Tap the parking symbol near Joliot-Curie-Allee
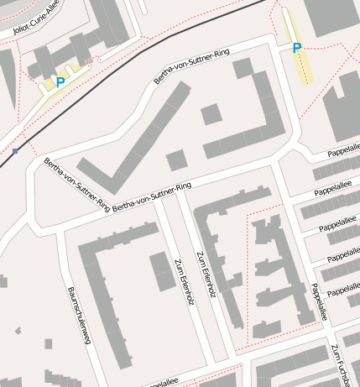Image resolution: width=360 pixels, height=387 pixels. [x=60, y=82]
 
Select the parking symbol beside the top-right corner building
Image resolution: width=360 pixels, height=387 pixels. [x=296, y=48]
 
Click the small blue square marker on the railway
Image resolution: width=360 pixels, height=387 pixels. [x=16, y=151]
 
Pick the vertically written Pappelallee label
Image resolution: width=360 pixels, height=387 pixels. [x=318, y=301]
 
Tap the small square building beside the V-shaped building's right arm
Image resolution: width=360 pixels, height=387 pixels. [x=176, y=160]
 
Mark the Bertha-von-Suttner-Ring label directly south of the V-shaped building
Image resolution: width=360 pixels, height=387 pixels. [x=152, y=196]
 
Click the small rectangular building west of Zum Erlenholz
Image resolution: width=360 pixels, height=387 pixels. [x=162, y=270]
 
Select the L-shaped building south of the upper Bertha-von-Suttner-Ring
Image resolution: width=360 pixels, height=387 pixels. [x=252, y=118]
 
